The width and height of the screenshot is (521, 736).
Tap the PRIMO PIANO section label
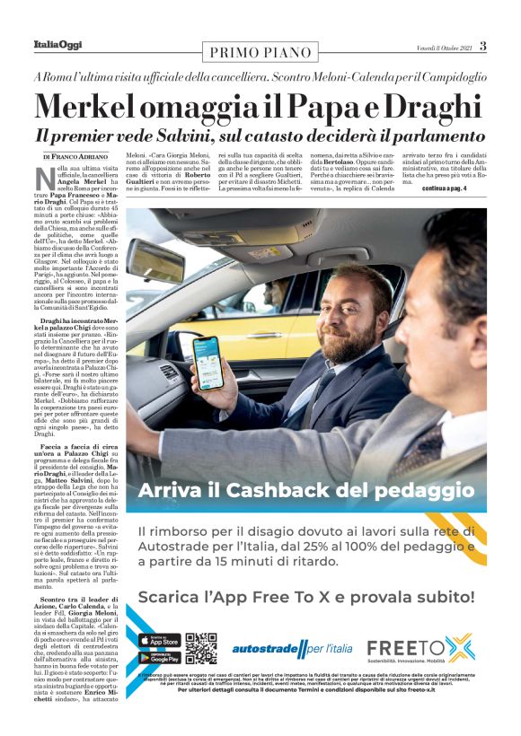tap(259, 52)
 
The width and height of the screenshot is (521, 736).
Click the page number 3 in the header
tap(482, 46)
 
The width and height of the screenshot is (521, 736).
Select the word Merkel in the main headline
tap(89, 109)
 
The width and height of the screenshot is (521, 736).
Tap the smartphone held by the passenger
tap(208, 362)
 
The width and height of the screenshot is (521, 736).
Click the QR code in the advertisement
tap(200, 649)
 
